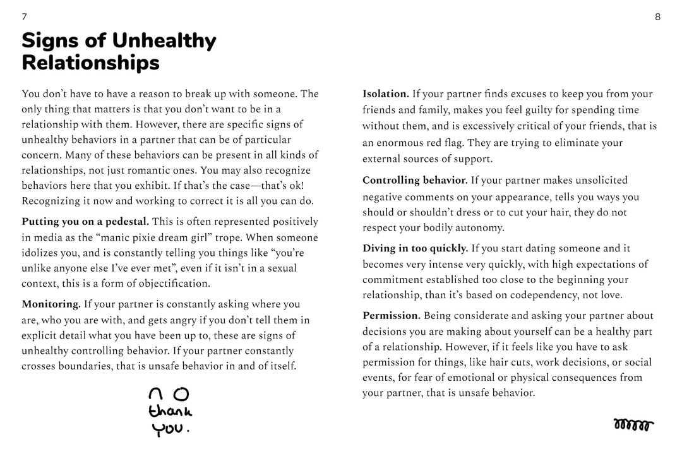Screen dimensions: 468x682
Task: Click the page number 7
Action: coord(24,17)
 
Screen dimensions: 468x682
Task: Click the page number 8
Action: coord(657,17)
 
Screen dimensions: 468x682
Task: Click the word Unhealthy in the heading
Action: coord(164,41)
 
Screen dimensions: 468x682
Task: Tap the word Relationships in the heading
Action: coord(90,63)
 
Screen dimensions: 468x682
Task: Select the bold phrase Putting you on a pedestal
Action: coord(85,222)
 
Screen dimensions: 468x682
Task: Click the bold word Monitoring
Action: coord(51,304)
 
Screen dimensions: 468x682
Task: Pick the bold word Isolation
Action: coord(385,94)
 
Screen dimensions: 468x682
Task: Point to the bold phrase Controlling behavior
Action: coord(415,181)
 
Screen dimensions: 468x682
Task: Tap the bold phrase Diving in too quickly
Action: coord(415,249)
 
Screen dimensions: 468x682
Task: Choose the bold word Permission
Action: coord(391,316)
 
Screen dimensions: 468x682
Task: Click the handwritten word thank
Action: coord(170,412)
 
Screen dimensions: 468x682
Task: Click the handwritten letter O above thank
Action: coord(181,394)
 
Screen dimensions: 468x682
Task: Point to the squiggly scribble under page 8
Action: coord(633,424)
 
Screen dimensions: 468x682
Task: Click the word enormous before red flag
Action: coord(406,143)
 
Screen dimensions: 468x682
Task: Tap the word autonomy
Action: coord(482,228)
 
